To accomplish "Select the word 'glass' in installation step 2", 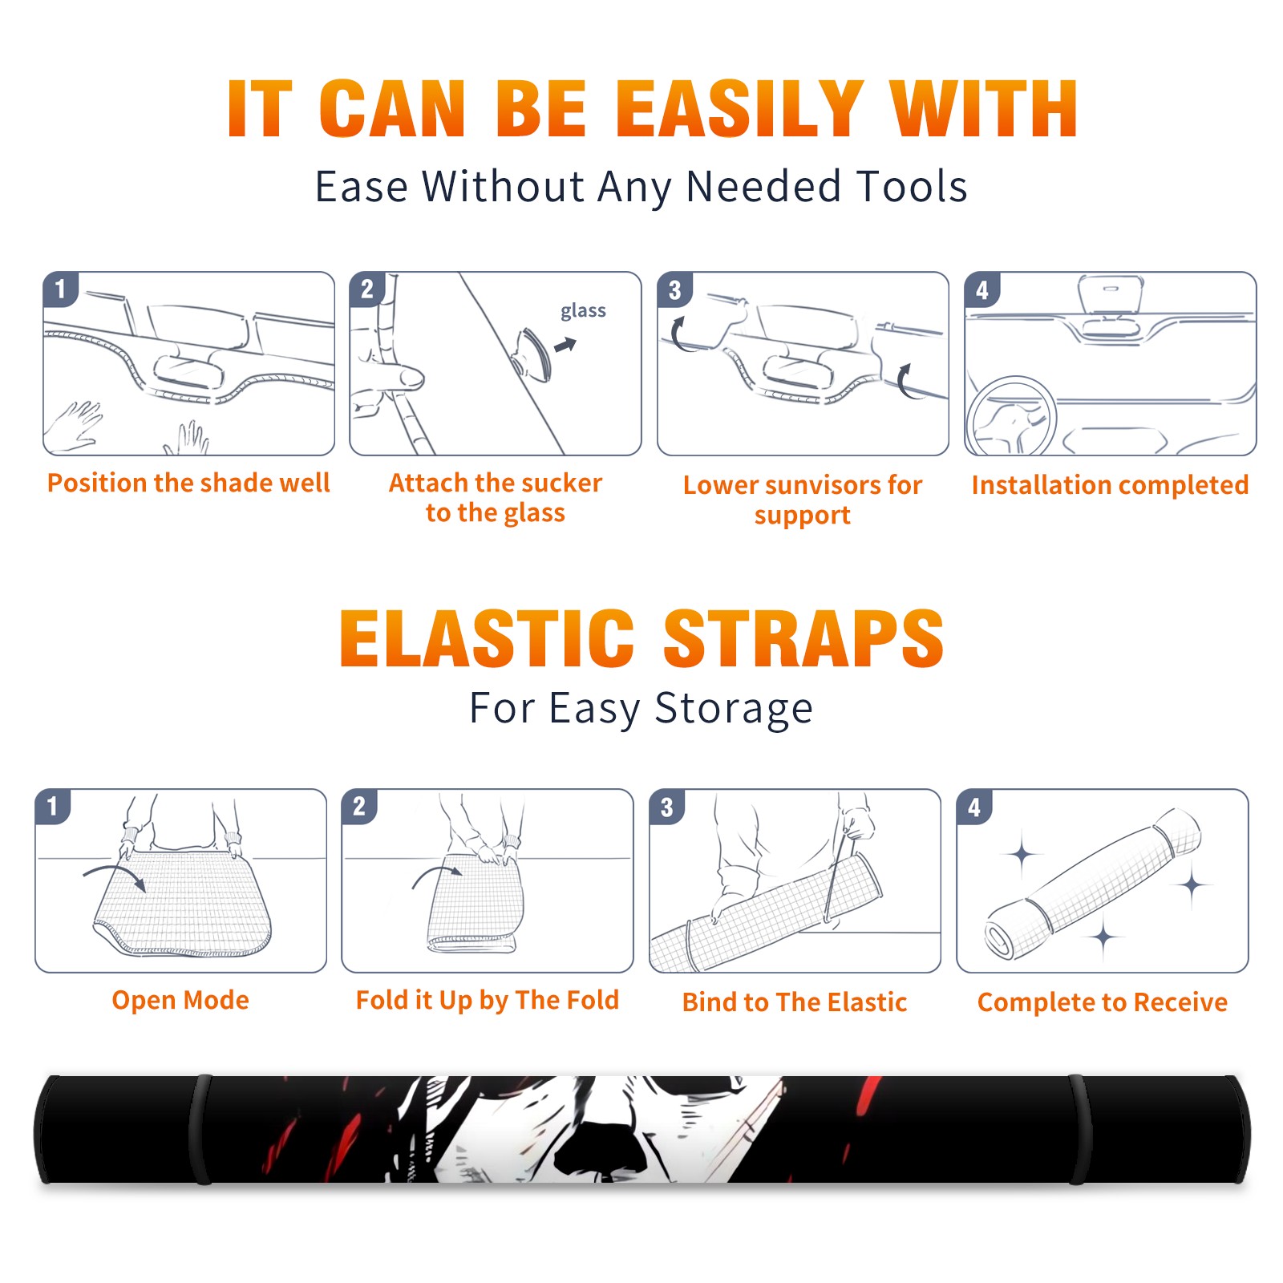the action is pyautogui.click(x=583, y=311).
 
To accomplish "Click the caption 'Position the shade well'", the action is pyautogui.click(x=188, y=483).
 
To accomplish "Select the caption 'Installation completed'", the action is pyautogui.click(x=1110, y=485).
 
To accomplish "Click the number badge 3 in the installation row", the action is pyautogui.click(x=674, y=289).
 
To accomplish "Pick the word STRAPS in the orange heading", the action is pyautogui.click(x=803, y=638).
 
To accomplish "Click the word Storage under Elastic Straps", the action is pyautogui.click(x=734, y=709).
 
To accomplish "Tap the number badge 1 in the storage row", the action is pyautogui.click(x=53, y=807).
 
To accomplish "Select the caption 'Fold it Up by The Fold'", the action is pyautogui.click(x=488, y=1001).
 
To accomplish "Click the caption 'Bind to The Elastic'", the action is pyautogui.click(x=795, y=1002).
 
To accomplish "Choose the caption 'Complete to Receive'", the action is pyautogui.click(x=1103, y=1002).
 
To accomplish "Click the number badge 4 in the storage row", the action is pyautogui.click(x=974, y=807).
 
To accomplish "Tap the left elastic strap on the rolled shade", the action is pyautogui.click(x=200, y=1130).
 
